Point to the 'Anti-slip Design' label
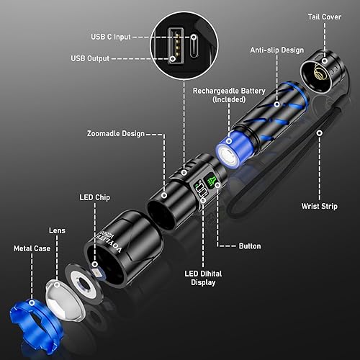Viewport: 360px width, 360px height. pyautogui.click(x=276, y=50)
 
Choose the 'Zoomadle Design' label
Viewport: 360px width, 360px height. pyautogui.click(x=115, y=133)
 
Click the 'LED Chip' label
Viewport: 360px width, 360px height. pyautogui.click(x=95, y=196)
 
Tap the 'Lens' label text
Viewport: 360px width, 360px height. pyautogui.click(x=57, y=230)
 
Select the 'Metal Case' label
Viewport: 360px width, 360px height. pyautogui.click(x=32, y=248)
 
